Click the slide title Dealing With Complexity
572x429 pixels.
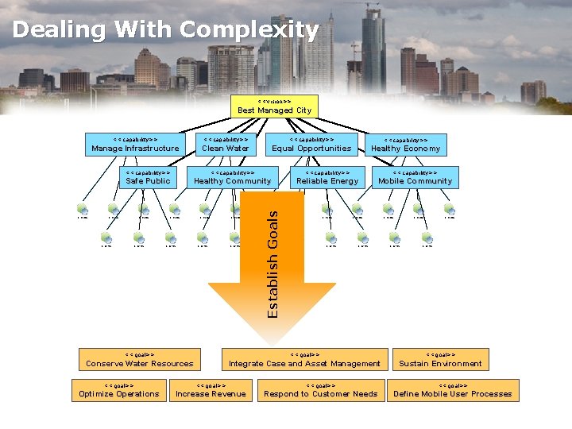165,30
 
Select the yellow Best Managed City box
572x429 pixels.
274,106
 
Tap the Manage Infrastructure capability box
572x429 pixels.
135,145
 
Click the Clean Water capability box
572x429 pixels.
225,145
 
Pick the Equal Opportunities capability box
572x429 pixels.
311,145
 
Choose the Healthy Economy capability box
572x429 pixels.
405,145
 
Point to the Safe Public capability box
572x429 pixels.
148,177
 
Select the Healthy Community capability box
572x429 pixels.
232,177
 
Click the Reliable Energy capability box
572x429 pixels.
327,177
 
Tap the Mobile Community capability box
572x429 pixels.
415,177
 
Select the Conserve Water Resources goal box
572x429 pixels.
140,360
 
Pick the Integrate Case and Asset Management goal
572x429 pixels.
304,360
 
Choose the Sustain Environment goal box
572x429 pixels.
440,360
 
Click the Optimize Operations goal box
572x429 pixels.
119,390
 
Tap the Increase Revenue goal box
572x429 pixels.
211,390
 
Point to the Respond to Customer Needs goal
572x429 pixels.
320,390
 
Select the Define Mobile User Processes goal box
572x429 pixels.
453,390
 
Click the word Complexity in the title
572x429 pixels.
249,30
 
